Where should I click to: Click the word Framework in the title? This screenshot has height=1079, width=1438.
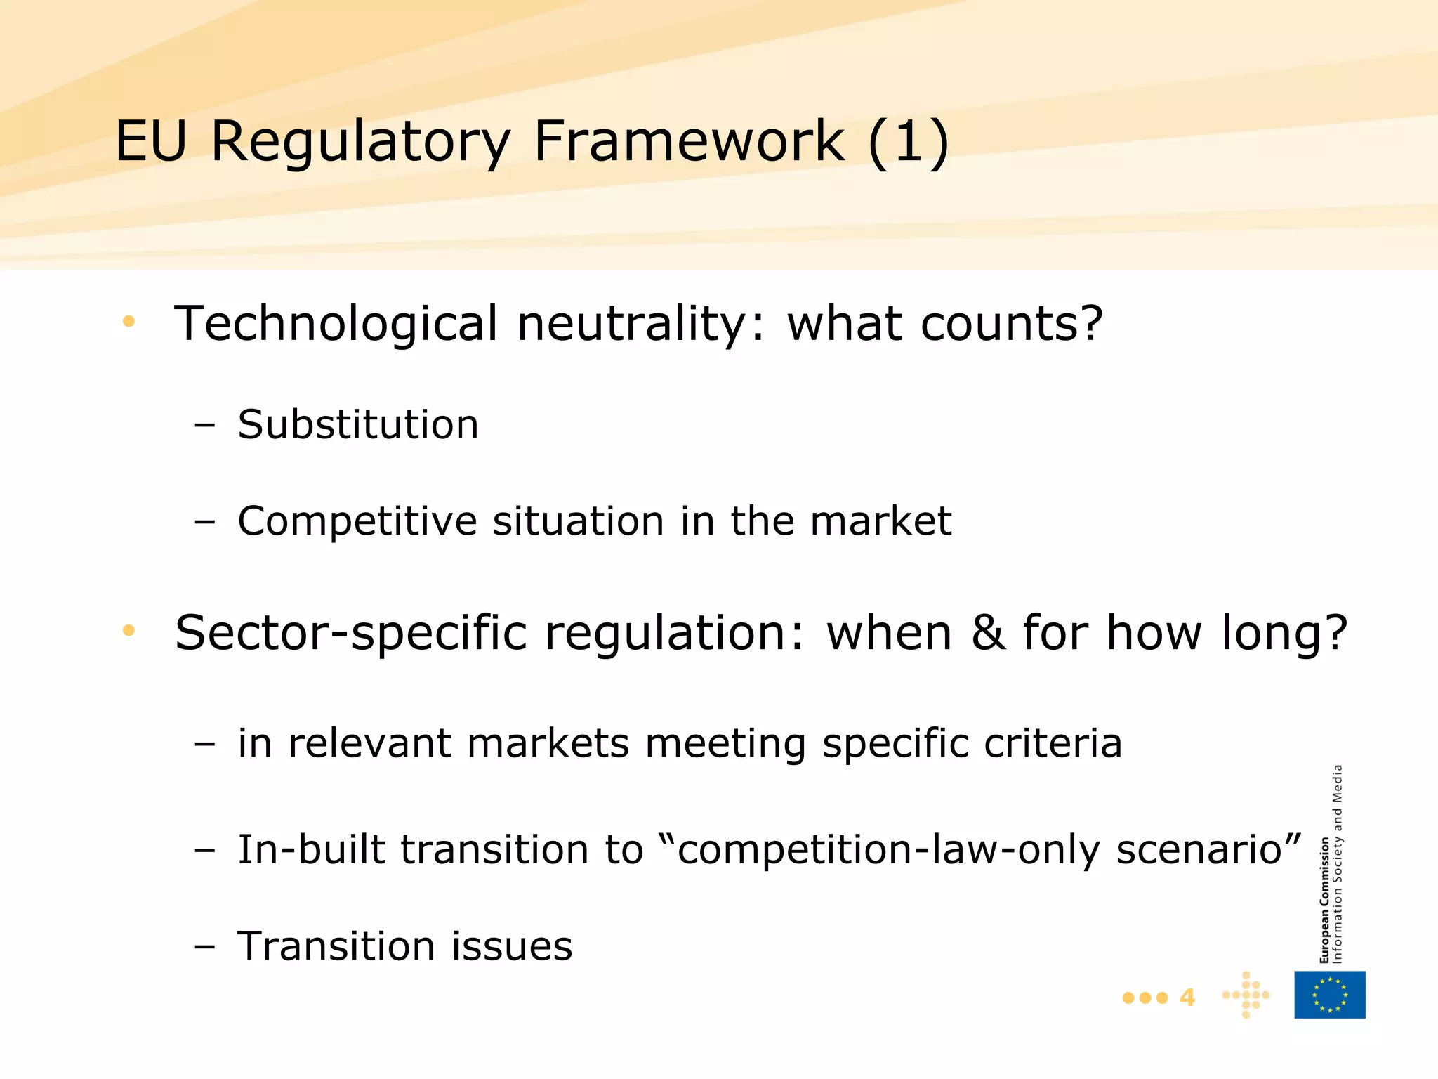(x=689, y=141)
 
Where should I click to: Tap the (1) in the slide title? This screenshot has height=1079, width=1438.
(x=909, y=141)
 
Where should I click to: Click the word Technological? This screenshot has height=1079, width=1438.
(x=336, y=324)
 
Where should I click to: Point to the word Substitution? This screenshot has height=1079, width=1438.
(x=358, y=424)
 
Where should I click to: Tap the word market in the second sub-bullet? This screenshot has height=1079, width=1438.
(x=880, y=521)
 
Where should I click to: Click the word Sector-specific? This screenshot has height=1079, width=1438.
(x=350, y=633)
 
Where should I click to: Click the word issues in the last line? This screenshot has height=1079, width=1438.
(x=511, y=946)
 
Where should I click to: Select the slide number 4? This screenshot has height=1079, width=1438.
(x=1187, y=998)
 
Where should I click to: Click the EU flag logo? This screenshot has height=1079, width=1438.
(x=1330, y=995)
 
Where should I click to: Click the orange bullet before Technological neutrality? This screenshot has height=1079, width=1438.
(x=128, y=322)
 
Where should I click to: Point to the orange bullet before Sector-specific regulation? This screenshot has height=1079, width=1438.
(x=128, y=630)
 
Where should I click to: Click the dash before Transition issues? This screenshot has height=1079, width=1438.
(x=204, y=946)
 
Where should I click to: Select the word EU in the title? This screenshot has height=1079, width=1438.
(x=151, y=141)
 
